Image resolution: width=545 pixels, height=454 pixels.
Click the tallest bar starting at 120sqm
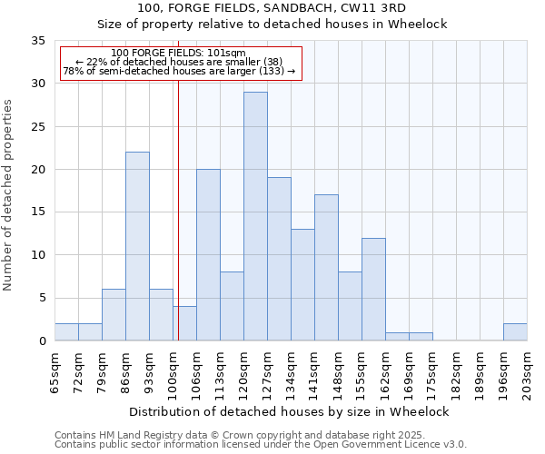pos(255,216)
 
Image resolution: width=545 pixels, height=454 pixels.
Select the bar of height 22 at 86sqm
pos(137,246)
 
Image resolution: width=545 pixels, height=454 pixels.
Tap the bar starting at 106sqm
pos(208,254)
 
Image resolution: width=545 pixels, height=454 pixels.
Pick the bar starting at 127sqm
pos(279,259)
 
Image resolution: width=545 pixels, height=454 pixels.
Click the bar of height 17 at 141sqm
pos(326,268)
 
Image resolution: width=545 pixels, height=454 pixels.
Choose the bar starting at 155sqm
pos(373,289)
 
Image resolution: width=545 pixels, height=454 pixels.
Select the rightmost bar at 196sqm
pos(515,332)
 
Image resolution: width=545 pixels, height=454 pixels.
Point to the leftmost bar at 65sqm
pos(66,332)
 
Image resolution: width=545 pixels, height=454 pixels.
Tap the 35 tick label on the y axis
pos(38,41)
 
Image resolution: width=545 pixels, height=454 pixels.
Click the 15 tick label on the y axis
pos(38,212)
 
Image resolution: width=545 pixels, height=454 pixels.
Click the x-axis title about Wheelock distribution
pos(289,411)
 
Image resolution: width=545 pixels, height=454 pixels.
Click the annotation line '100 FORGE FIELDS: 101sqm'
pos(179,54)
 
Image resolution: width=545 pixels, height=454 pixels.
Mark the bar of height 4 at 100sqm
pos(184,324)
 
